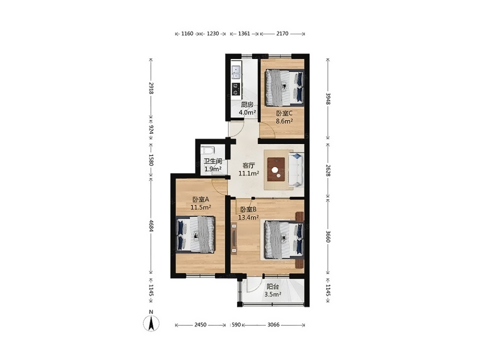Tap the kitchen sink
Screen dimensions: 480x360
click(x=236, y=72)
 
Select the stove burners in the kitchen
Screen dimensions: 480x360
click(x=235, y=89)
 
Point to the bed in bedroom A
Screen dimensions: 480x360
click(x=195, y=234)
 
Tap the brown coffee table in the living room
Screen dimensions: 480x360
click(x=276, y=169)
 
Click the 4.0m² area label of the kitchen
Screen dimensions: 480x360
click(x=247, y=112)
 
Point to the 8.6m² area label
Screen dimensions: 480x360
click(x=284, y=121)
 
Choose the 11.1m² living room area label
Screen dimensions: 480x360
click(x=249, y=173)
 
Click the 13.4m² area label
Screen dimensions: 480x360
click(x=248, y=217)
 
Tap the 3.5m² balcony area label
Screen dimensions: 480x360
click(x=273, y=294)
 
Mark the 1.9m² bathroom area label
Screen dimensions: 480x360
click(x=213, y=169)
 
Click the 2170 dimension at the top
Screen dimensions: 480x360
click(x=282, y=33)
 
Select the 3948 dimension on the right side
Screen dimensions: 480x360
click(x=328, y=98)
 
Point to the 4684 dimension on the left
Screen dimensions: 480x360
click(x=150, y=225)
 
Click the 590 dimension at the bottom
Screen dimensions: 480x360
click(x=236, y=325)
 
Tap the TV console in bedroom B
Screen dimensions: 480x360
click(x=234, y=239)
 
